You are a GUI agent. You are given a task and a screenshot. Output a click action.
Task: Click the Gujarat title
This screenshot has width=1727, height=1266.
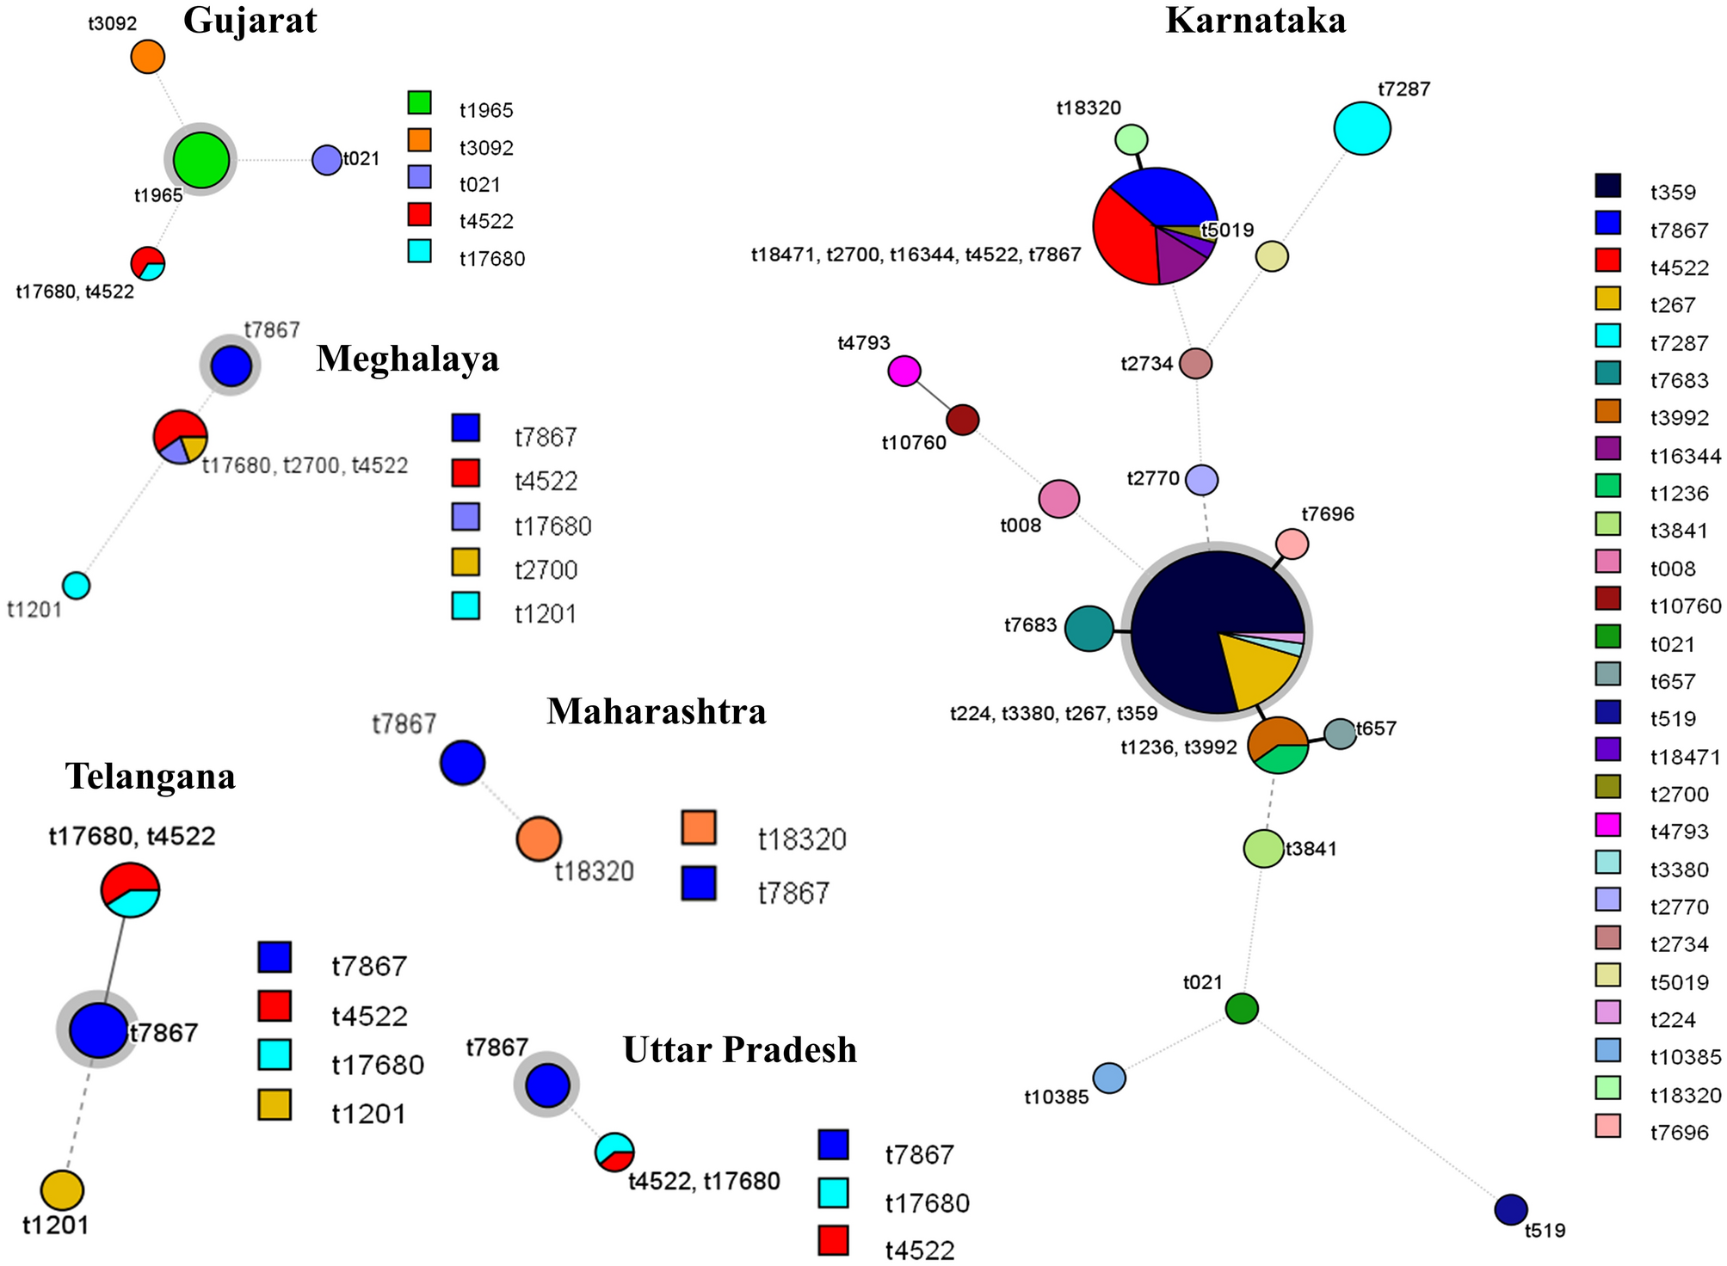click(250, 21)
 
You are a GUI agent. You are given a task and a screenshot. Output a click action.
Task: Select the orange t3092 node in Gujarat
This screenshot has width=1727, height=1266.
click(147, 57)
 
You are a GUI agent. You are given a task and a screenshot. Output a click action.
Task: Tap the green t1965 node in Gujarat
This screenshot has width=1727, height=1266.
click(201, 160)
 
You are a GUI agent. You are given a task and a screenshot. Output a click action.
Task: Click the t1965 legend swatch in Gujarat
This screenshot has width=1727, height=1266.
click(419, 103)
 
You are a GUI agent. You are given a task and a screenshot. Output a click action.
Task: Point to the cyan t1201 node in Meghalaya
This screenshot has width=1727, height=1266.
click(77, 586)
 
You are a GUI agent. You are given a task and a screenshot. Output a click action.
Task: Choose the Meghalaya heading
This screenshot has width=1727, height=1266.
click(407, 358)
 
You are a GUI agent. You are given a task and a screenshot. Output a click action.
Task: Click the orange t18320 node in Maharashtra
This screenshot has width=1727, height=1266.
click(539, 839)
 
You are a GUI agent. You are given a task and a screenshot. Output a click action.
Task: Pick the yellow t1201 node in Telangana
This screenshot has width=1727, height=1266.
click(62, 1190)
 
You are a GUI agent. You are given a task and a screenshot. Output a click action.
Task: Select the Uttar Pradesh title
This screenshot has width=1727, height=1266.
click(739, 1050)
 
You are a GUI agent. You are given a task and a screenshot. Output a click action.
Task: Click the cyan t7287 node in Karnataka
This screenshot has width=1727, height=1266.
click(1362, 128)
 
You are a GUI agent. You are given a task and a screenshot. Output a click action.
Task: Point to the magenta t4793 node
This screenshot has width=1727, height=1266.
click(904, 372)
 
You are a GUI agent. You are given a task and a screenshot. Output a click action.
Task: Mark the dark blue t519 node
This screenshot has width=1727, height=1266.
click(1511, 1209)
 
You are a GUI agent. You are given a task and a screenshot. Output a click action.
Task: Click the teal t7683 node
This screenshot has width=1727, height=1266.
click(1089, 629)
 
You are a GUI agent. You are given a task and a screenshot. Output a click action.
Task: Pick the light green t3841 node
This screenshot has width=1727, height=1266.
click(1264, 849)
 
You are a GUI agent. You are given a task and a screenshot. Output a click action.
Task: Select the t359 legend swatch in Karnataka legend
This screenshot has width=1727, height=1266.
click(1607, 186)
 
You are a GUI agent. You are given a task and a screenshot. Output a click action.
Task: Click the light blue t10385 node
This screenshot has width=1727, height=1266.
click(1109, 1078)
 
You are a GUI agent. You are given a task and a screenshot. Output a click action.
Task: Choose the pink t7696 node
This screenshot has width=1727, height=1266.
click(1292, 544)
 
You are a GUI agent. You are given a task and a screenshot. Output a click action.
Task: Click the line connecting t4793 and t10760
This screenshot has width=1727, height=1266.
click(934, 396)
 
